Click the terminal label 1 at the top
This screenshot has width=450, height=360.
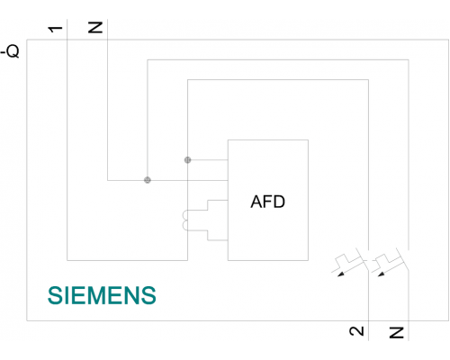pyautogui.click(x=55, y=29)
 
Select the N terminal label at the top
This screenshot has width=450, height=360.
pyautogui.click(x=95, y=27)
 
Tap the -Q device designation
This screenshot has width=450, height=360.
pyautogui.click(x=10, y=51)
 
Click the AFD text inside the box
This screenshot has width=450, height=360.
pyautogui.click(x=267, y=202)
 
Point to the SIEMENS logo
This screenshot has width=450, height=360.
pyautogui.click(x=102, y=295)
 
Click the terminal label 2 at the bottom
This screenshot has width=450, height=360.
pyautogui.click(x=356, y=331)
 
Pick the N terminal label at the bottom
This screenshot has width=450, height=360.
pyautogui.click(x=397, y=333)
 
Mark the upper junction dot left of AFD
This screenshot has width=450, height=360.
pyautogui.click(x=187, y=160)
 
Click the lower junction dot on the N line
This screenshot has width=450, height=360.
pyautogui.click(x=148, y=180)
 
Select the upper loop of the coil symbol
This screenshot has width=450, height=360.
pyautogui.click(x=184, y=215)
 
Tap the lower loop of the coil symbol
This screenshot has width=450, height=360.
pyautogui.click(x=184, y=225)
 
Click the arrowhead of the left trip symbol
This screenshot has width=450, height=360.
pyautogui.click(x=341, y=274)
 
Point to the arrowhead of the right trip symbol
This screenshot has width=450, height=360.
pyautogui.click(x=382, y=274)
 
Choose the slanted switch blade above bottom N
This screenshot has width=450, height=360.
pyautogui.click(x=402, y=259)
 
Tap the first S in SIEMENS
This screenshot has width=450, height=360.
pyautogui.click(x=54, y=295)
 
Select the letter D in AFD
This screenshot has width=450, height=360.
pyautogui.click(x=279, y=202)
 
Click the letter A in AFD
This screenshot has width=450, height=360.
pyautogui.click(x=256, y=202)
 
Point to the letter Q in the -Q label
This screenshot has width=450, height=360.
pyautogui.click(x=13, y=51)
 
